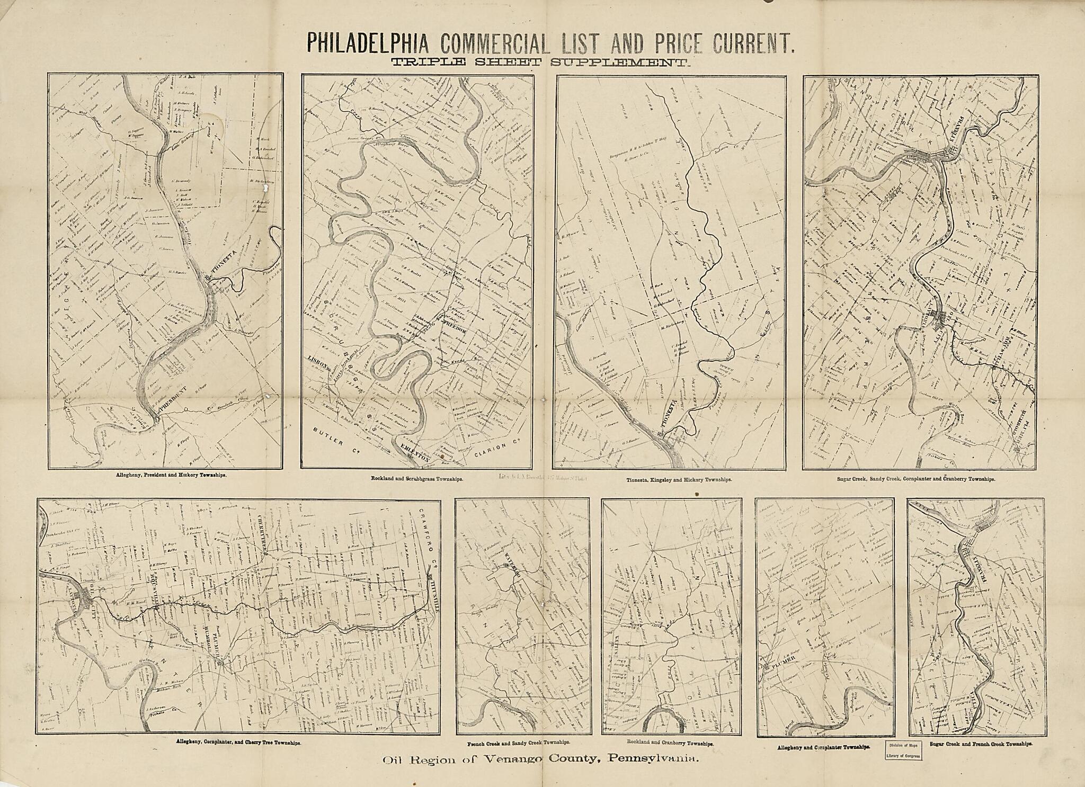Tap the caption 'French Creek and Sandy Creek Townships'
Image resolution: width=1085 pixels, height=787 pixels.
point(522,743)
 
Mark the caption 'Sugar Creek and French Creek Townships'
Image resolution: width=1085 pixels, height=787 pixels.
point(981,744)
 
